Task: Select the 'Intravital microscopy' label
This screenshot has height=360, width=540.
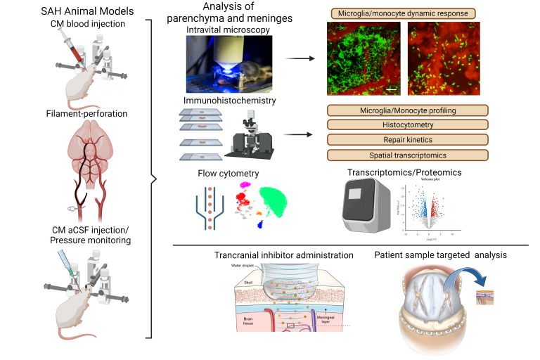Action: click(223, 31)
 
